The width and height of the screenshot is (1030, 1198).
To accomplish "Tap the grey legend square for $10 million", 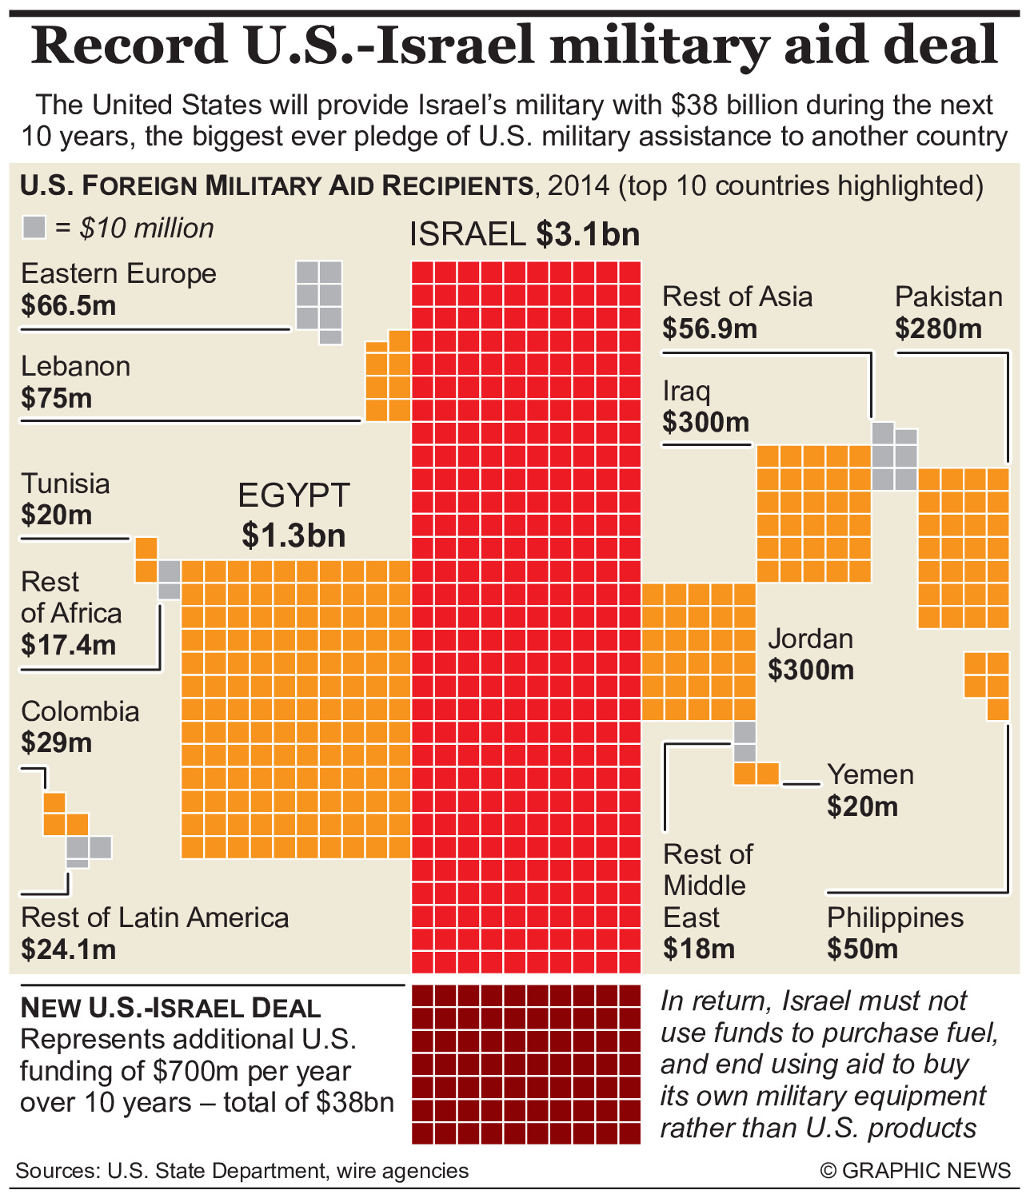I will [34, 228].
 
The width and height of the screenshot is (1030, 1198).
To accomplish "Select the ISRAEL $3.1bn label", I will [525, 234].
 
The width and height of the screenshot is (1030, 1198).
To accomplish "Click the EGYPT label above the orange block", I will [293, 496].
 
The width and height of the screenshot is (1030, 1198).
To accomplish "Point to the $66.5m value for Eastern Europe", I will [69, 305].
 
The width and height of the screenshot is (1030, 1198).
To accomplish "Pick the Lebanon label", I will [75, 366].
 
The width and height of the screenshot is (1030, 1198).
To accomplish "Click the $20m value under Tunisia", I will [57, 515].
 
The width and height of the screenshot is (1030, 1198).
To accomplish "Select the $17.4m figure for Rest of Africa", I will [69, 645].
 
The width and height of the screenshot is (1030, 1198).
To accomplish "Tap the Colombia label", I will [80, 711].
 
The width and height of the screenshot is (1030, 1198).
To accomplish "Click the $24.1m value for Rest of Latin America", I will [69, 949].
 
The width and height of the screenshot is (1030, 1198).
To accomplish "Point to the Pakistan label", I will [948, 297].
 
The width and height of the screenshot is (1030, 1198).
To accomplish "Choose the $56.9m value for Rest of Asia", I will [709, 328].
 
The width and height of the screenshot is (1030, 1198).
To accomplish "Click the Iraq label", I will [686, 391].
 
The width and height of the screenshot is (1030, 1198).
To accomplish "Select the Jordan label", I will [810, 639].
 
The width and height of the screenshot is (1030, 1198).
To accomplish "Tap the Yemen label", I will [870, 774].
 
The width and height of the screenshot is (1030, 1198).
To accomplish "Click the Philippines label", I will [895, 917].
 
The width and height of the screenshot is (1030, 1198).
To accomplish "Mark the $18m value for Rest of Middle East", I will [699, 949].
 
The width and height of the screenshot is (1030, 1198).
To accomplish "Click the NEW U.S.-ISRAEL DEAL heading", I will [170, 1008].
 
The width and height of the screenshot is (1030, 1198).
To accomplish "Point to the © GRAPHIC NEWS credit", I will [916, 1171].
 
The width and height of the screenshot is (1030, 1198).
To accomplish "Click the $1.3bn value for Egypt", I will [293, 535].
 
